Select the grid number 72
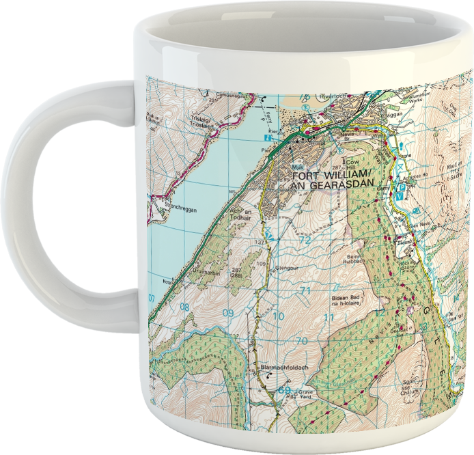click(305, 240)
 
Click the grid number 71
click(305, 291)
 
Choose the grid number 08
click(185, 307)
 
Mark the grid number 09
click(228, 314)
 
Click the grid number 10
click(278, 316)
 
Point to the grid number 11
click(329, 318)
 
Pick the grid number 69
click(285, 390)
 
